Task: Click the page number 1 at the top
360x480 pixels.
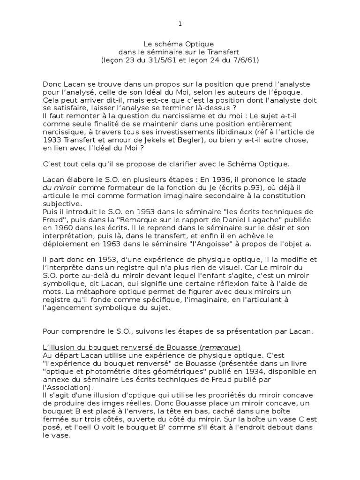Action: click(180, 24)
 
